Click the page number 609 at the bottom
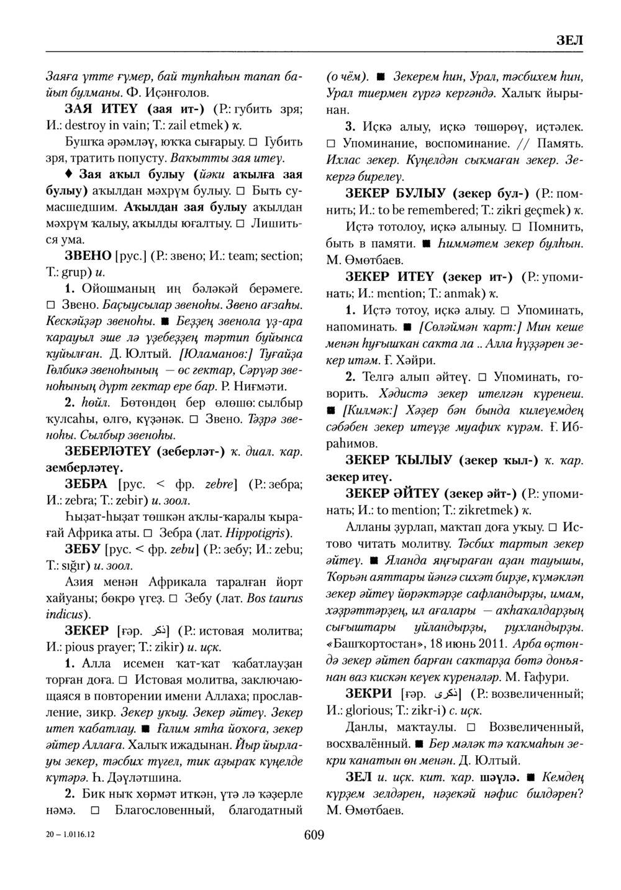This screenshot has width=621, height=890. point(314,835)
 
